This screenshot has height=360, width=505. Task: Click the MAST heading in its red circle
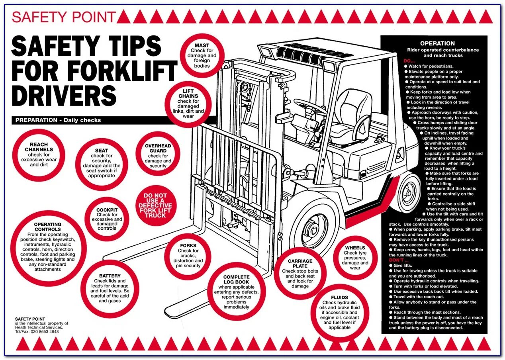202,45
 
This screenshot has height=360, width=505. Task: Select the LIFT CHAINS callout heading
188,94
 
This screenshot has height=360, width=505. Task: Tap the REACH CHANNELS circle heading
39,147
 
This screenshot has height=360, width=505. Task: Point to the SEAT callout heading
102,151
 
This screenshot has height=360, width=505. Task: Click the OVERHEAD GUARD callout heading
158,149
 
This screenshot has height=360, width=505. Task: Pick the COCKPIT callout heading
107,210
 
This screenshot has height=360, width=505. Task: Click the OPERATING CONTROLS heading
47,227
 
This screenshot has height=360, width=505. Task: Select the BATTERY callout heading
110,276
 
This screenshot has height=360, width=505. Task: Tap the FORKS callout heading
188,246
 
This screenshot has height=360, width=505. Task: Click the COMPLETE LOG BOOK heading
236,279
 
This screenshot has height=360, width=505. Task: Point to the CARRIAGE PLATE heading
300,264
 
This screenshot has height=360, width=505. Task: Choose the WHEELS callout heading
355,248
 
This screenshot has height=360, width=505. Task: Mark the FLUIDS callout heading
339,297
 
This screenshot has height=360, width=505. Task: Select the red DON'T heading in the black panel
395,260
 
